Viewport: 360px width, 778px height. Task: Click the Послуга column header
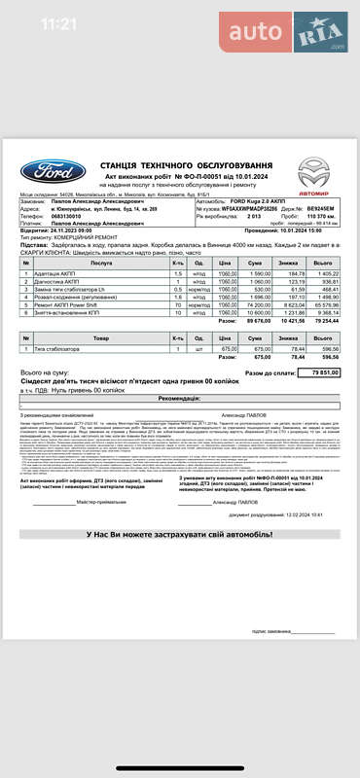pyautogui.click(x=100, y=264)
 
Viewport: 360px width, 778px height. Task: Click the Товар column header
pyautogui.click(x=100, y=336)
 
